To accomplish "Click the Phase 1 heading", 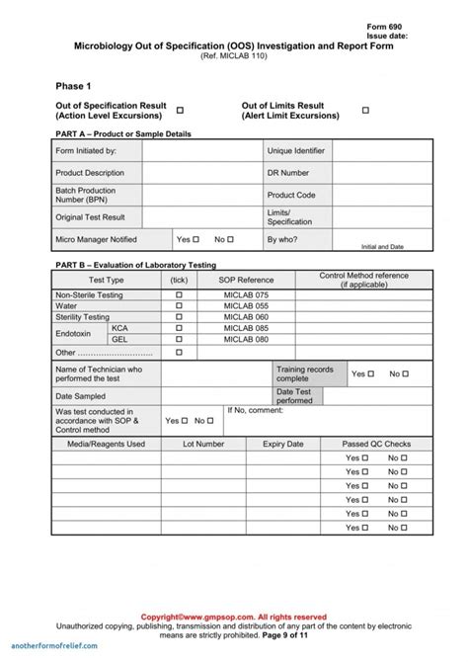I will pyautogui.click(x=73, y=86).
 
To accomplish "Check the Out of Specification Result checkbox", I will pyautogui.click(x=180, y=110).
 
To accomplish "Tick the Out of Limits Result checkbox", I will pyautogui.click(x=364, y=110).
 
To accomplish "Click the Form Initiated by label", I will pyautogui.click(x=86, y=151).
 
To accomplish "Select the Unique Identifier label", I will pyautogui.click(x=295, y=151).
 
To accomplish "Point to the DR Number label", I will pyautogui.click(x=287, y=173).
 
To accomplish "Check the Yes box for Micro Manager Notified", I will pyautogui.click(x=195, y=239).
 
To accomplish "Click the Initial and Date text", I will pyautogui.click(x=382, y=246).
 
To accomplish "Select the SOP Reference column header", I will pyautogui.click(x=246, y=281).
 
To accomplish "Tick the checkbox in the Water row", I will pyautogui.click(x=179, y=306).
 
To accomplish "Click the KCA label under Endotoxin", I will pyautogui.click(x=119, y=328).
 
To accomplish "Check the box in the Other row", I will pyautogui.click(x=179, y=352).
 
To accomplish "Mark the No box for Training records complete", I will pyautogui.click(x=406, y=374).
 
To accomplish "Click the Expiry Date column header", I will pyautogui.click(x=282, y=445).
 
